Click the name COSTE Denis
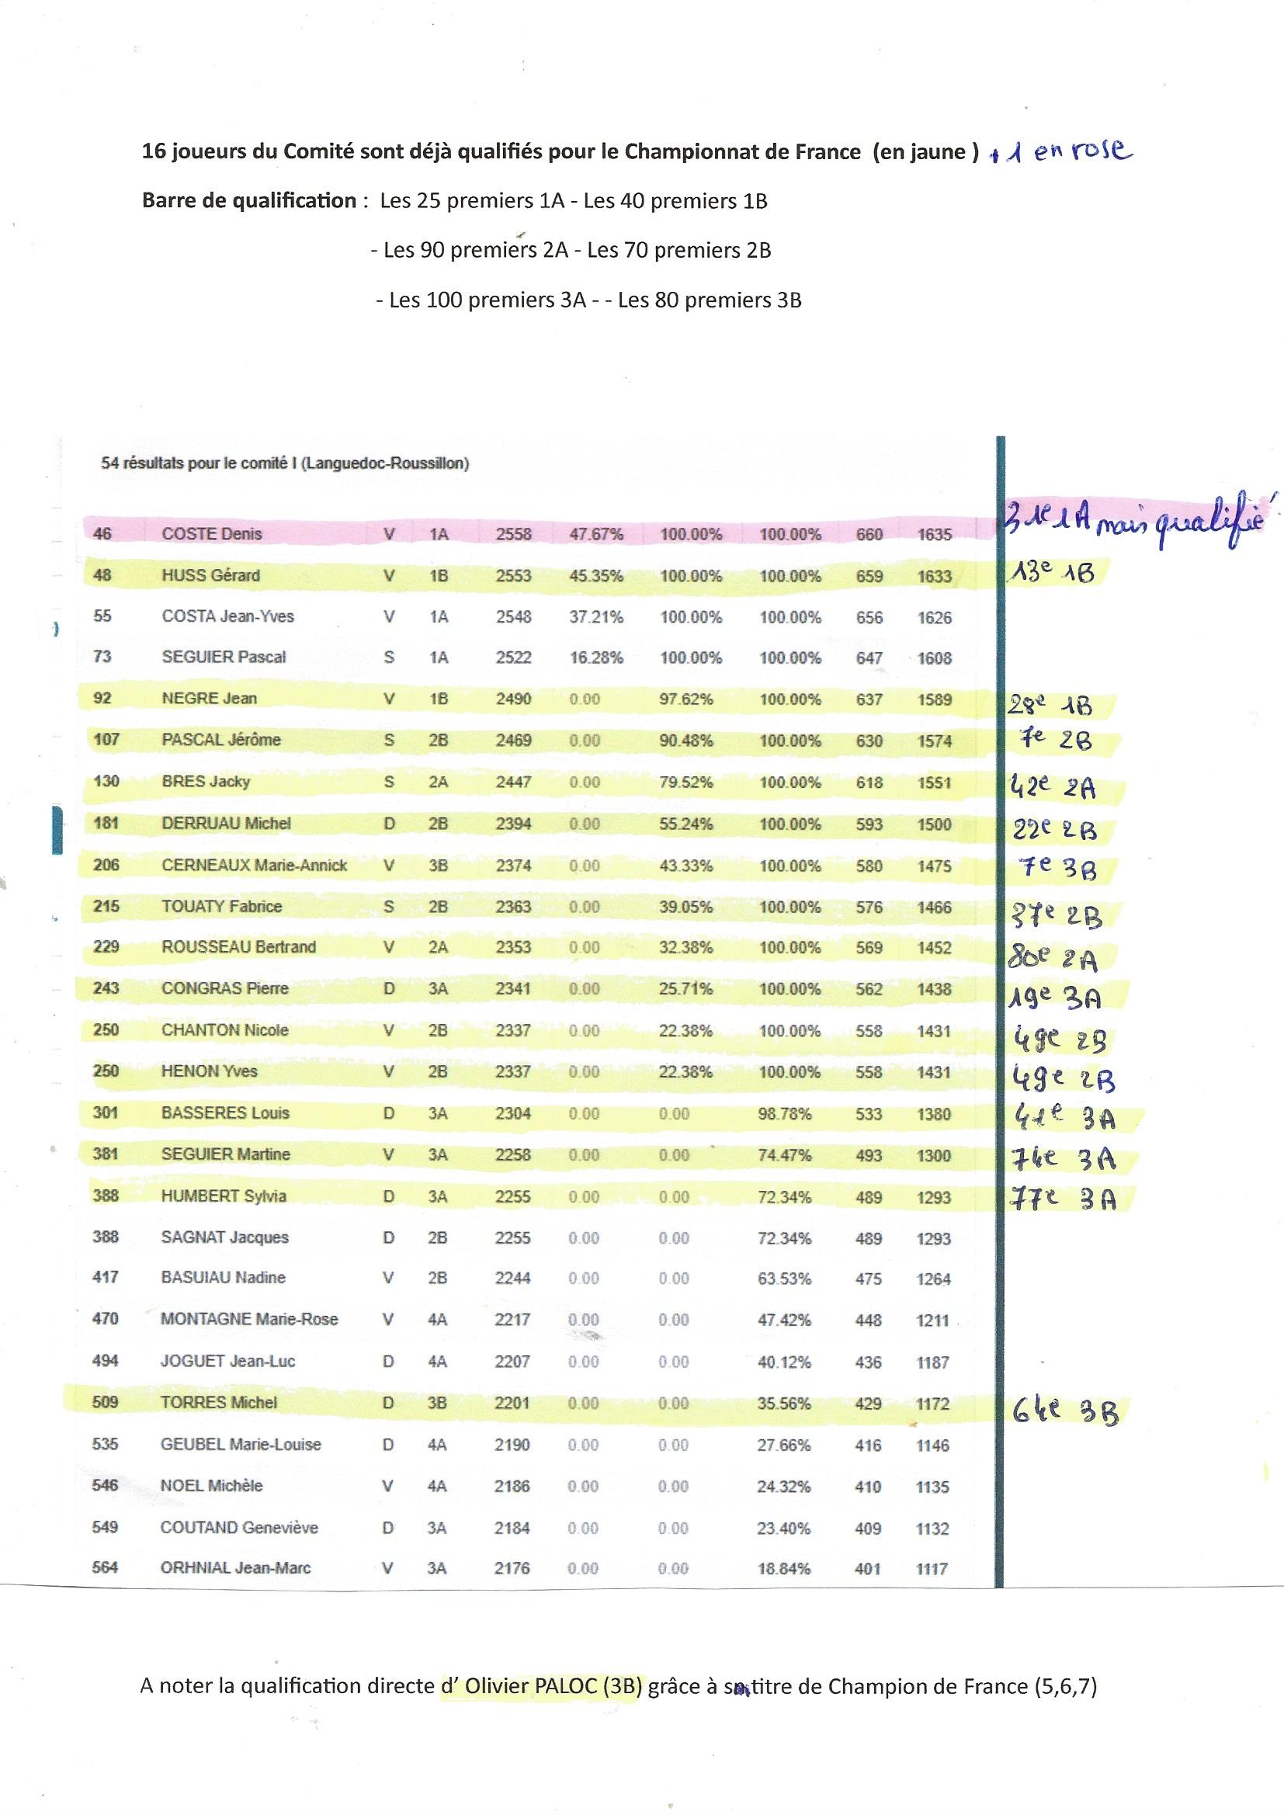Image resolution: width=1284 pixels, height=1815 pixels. pyautogui.click(x=211, y=533)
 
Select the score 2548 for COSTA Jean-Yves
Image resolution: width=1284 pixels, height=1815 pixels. pyautogui.click(x=513, y=616)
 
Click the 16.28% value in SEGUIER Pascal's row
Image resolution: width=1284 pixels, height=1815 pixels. pyautogui.click(x=596, y=658)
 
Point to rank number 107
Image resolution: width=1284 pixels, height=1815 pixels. pyautogui.click(x=106, y=740)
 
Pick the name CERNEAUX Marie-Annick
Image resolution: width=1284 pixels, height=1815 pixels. pyautogui.click(x=254, y=866)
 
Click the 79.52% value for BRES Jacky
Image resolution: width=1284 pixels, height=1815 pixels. pyautogui.click(x=685, y=783)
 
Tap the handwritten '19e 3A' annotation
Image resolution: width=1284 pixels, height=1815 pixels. pyautogui.click(x=1055, y=998)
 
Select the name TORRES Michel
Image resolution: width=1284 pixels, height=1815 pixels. pyautogui.click(x=219, y=1402)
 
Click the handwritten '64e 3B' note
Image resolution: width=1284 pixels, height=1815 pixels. pyautogui.click(x=1065, y=1410)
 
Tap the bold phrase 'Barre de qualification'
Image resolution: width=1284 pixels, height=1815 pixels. pyautogui.click(x=248, y=201)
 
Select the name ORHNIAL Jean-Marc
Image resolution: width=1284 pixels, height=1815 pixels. pyautogui.click(x=234, y=1568)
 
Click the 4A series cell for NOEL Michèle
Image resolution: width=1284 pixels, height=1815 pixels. pyautogui.click(x=436, y=1486)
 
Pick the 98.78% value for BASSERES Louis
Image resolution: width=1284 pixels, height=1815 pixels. pyautogui.click(x=784, y=1114)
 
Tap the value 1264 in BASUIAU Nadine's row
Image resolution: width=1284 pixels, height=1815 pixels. pyautogui.click(x=933, y=1279)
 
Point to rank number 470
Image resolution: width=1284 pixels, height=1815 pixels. pyautogui.click(x=105, y=1319)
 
